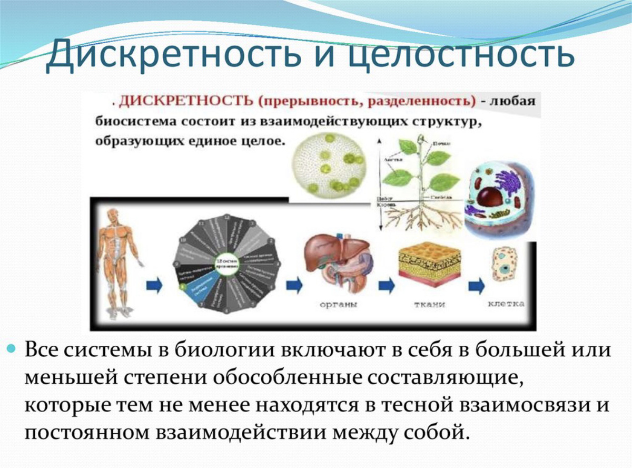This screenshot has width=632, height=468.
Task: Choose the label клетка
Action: pos(505,304)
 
